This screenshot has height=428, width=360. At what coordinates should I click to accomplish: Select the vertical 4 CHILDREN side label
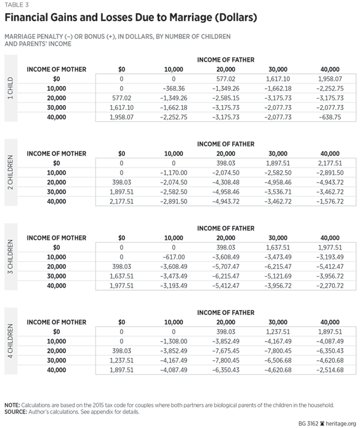pyautogui.click(x=10, y=345)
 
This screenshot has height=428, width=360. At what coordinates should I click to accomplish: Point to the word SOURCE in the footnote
pyautogui.click(x=17, y=412)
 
